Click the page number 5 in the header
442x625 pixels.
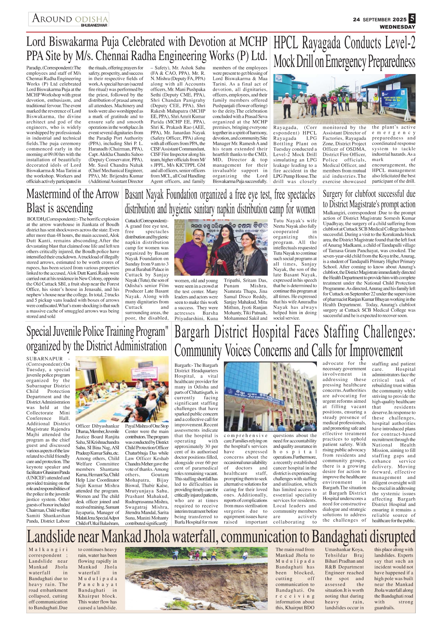412,18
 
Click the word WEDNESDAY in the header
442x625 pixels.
397,27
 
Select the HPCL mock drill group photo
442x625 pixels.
344,98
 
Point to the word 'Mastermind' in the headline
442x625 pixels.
48,194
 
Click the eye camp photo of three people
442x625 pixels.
221,247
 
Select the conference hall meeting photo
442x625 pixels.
122,389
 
